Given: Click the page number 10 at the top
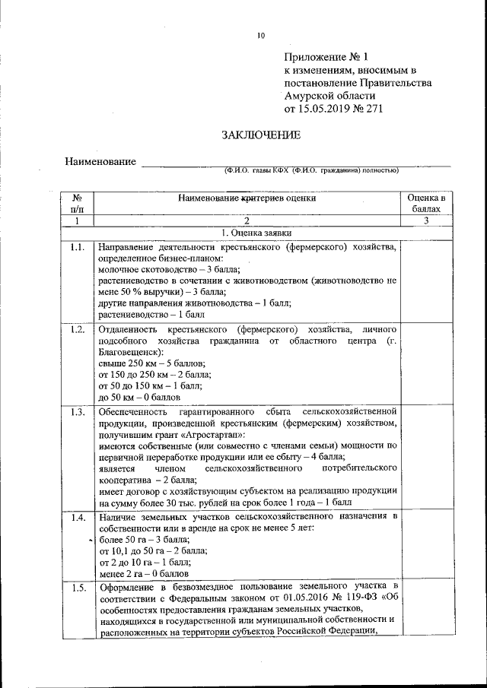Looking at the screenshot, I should [260, 35].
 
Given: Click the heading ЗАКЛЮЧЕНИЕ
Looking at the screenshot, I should [250, 135].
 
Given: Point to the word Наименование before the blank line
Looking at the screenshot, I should [100, 162].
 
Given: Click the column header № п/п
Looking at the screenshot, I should [77, 202].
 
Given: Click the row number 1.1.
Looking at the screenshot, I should [77, 248].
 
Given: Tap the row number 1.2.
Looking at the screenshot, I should [77, 330].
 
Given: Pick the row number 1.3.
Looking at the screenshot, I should [77, 412].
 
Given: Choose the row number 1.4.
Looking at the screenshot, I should [77, 518].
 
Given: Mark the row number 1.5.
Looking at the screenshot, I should [77, 588].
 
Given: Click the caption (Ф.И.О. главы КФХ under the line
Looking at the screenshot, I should [256, 171].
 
